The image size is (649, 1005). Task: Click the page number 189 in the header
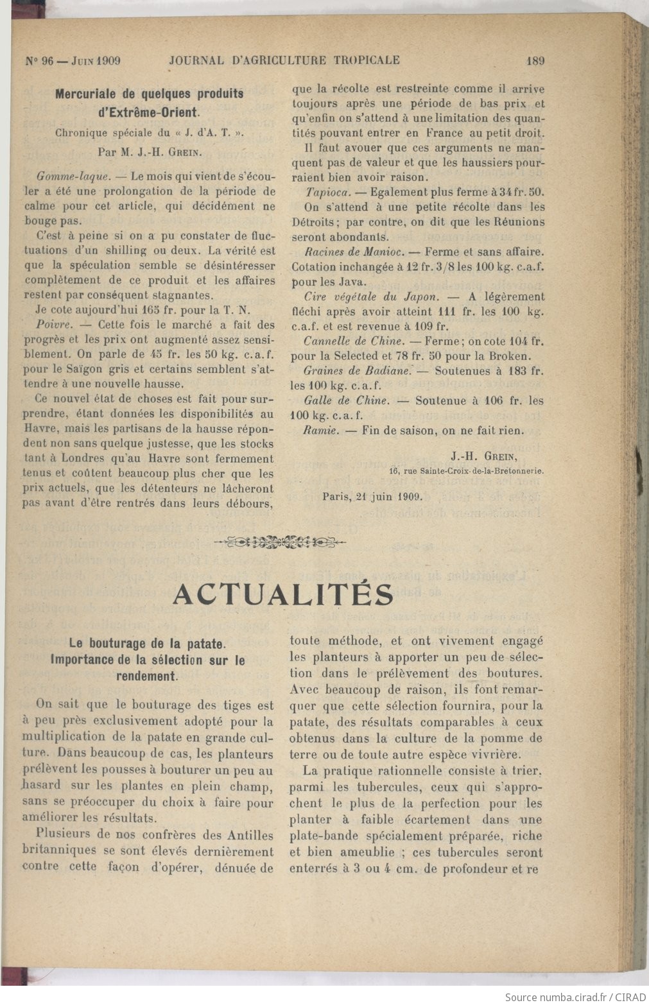coord(535,61)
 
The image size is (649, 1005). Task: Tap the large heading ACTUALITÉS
coord(283,595)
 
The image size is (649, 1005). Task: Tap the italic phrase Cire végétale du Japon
coord(371,297)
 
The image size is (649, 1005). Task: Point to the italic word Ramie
coord(320,431)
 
